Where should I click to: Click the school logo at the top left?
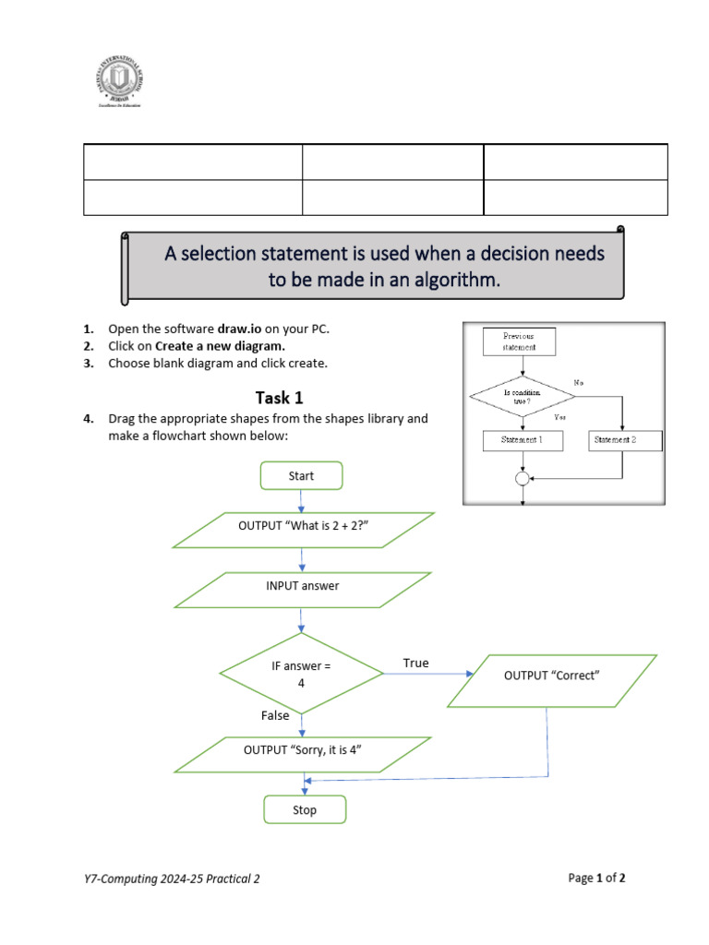coord(121,82)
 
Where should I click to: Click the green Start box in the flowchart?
coord(301,475)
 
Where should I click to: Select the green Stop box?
coord(305,809)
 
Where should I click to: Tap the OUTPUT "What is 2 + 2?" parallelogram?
coord(304,530)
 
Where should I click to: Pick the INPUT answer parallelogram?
coord(303,590)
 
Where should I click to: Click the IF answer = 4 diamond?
coord(301,674)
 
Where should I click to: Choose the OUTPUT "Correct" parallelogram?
coord(552,680)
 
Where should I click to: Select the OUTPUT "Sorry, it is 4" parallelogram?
coord(303,754)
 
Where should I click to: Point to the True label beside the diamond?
coord(415,663)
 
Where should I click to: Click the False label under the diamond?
coord(275,715)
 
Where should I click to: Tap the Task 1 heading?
coord(279,398)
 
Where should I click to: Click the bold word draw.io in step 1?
coord(239,329)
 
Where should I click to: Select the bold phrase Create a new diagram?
coord(220,346)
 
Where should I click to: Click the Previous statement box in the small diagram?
coord(518,342)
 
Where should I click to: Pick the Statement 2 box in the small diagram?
coord(625,440)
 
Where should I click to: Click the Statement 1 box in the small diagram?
coord(522,440)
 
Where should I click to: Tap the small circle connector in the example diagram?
coord(523,478)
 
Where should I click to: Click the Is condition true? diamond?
coord(523,396)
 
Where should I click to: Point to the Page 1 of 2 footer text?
coord(596,878)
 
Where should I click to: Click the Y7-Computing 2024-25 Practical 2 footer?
coord(172,879)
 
